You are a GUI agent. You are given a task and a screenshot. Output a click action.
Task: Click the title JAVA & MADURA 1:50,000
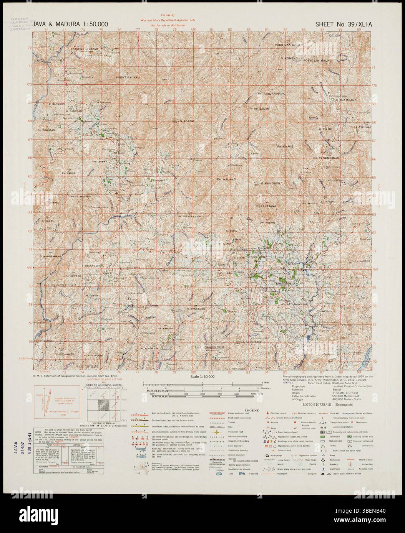(70, 24)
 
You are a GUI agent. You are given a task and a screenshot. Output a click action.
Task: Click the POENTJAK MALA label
(317, 61)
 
